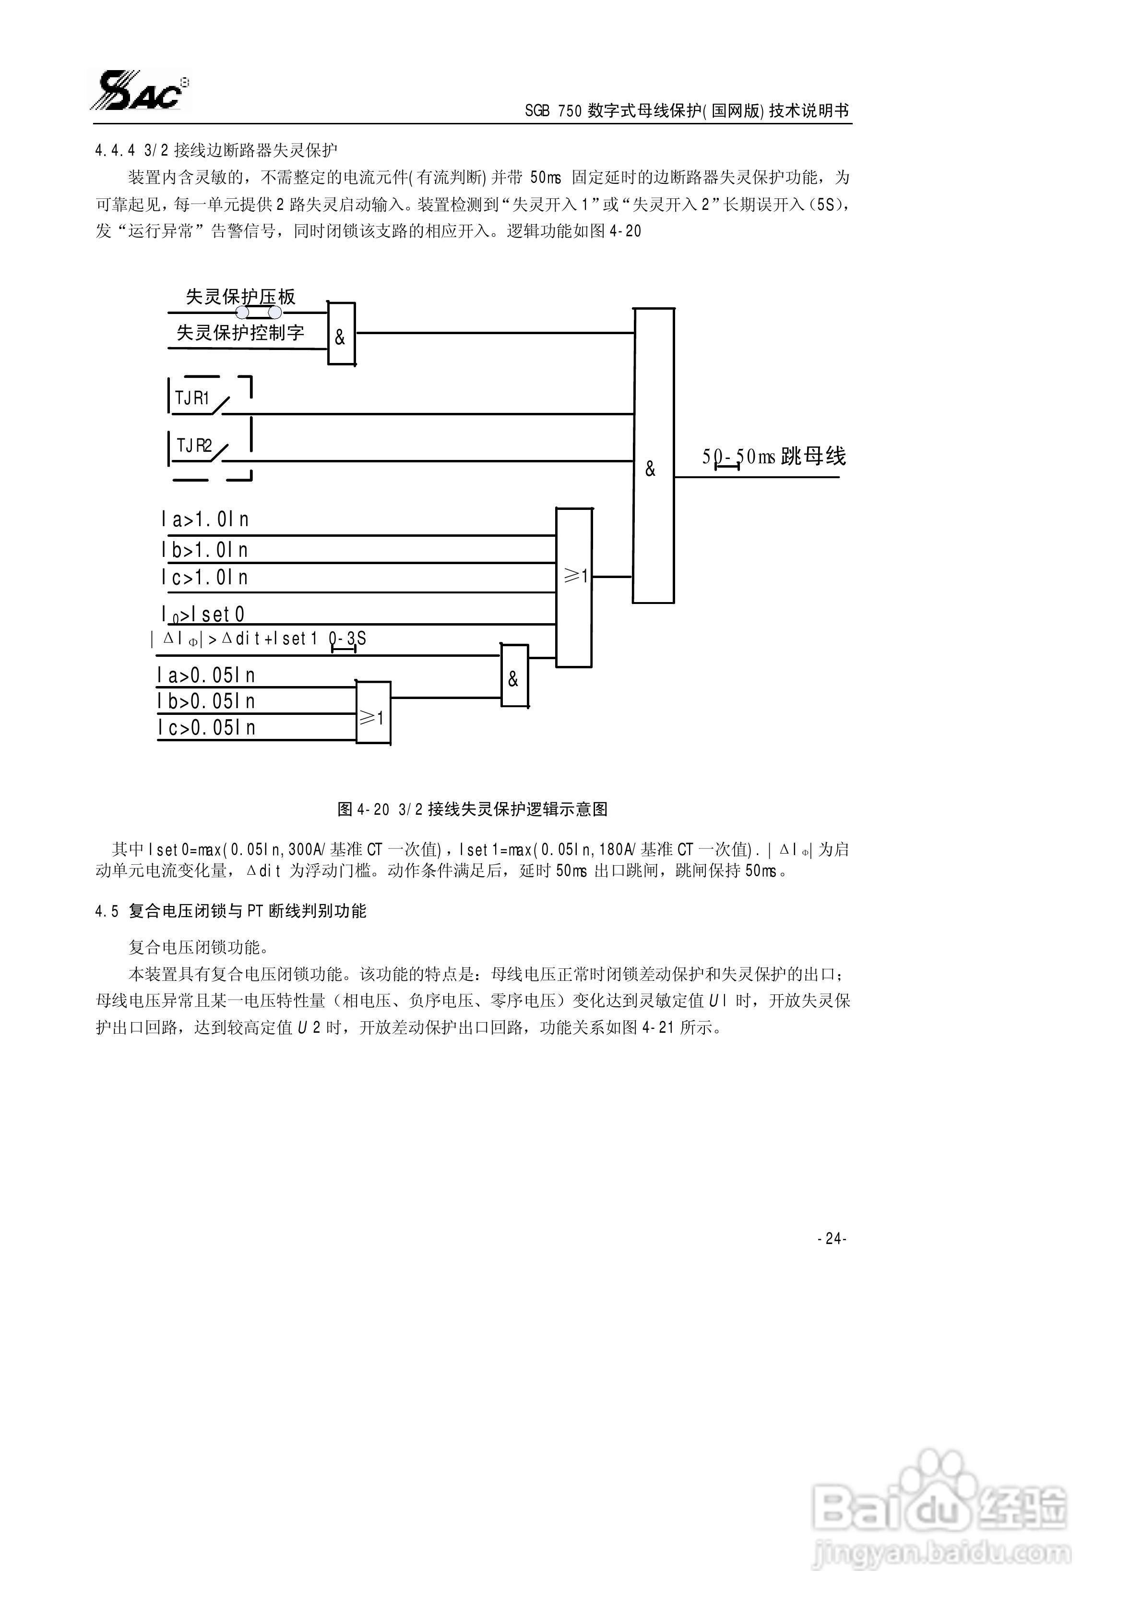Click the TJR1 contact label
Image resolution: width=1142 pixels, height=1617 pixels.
(192, 398)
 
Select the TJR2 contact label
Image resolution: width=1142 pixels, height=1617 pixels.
(194, 446)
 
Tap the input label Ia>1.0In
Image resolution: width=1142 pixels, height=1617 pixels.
(204, 520)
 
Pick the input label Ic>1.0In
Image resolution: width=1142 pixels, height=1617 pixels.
(204, 578)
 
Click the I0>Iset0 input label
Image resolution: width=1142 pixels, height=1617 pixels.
(203, 614)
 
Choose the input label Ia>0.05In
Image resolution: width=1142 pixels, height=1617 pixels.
(205, 676)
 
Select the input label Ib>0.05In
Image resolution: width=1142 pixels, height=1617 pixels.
(205, 701)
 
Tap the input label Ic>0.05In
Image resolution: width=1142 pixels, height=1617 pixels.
(205, 727)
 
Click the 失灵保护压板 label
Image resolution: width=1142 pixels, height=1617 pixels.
(240, 297)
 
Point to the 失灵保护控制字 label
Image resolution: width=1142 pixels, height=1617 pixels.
(240, 332)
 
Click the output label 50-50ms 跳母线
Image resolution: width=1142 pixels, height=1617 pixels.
(773, 457)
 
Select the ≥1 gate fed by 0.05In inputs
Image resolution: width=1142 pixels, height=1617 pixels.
(372, 713)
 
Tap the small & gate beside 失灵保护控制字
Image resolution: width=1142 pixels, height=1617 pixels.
(341, 335)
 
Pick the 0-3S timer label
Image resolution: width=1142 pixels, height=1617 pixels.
(347, 639)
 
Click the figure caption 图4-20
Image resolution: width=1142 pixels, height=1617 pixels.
(472, 809)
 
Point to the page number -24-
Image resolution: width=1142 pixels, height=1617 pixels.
(832, 1238)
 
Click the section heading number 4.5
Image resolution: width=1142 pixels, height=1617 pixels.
(107, 911)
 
